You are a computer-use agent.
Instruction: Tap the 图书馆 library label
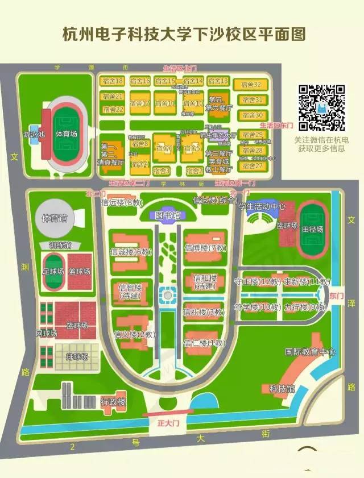tap(169, 215)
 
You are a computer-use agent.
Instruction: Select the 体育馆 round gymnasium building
tap(56, 218)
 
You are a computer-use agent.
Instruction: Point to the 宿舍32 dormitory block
tap(251, 84)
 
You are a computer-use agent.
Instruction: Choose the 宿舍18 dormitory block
tap(111, 81)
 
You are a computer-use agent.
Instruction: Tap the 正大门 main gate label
tap(168, 423)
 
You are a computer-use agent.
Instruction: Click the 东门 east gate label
tap(337, 296)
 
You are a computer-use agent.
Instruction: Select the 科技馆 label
tap(282, 389)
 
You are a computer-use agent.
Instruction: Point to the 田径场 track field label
tap(312, 229)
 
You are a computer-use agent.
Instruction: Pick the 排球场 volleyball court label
tap(77, 356)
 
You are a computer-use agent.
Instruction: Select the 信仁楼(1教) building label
tap(205, 343)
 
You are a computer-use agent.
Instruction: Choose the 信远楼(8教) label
tap(121, 202)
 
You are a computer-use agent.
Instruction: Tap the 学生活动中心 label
tap(262, 206)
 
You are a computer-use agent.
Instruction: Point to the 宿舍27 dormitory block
tap(251, 166)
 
